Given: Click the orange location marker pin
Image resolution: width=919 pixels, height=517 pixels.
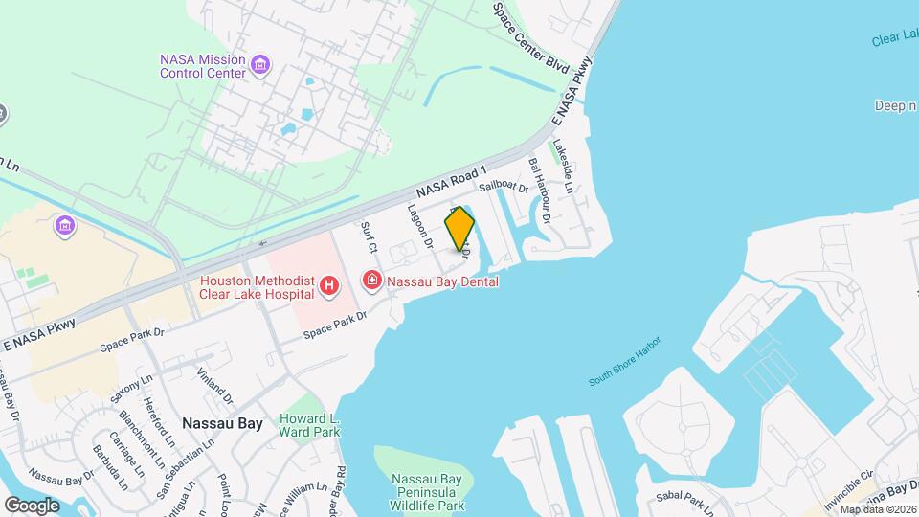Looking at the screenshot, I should pyautogui.click(x=459, y=229).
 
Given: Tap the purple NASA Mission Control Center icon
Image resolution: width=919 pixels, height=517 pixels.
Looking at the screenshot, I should pyautogui.click(x=259, y=66).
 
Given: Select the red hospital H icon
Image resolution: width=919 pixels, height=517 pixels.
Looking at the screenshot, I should pyautogui.click(x=329, y=285).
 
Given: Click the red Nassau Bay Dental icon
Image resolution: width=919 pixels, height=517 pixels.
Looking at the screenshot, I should pyautogui.click(x=370, y=281).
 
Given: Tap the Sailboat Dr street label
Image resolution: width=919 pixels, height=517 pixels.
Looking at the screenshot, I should pyautogui.click(x=504, y=189).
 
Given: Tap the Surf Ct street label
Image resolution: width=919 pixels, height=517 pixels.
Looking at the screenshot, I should pyautogui.click(x=370, y=237).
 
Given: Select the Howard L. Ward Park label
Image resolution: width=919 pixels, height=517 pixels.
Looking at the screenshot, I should pyautogui.click(x=309, y=425).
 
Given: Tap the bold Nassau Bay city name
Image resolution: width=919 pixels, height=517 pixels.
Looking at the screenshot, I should pyautogui.click(x=222, y=422).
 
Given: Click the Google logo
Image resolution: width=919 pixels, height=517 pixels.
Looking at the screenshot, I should pyautogui.click(x=31, y=505).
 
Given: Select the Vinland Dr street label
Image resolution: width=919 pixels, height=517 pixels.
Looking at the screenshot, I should pyautogui.click(x=214, y=384).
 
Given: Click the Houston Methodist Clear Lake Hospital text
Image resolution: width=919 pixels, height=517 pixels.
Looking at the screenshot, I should pyautogui.click(x=257, y=287).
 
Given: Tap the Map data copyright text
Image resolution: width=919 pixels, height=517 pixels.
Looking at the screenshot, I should pyautogui.click(x=878, y=508).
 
